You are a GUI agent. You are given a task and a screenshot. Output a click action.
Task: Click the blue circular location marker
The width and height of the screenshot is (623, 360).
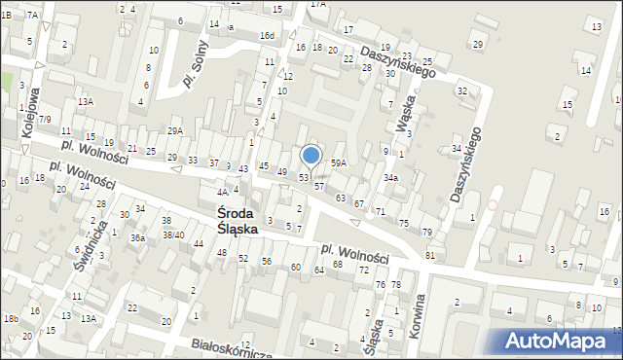(311, 155)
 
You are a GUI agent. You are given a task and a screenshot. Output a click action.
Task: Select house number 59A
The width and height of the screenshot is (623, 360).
(339, 162)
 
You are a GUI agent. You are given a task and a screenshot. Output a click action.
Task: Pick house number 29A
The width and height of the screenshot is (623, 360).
(175, 130)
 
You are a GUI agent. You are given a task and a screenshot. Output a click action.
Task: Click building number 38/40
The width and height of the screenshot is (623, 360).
(173, 234)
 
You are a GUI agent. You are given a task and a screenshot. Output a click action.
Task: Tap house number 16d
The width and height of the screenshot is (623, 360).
(267, 36)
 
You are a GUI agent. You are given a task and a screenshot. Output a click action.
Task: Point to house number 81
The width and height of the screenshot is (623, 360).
(430, 255)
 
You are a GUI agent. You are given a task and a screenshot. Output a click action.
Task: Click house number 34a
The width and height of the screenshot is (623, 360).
(390, 178)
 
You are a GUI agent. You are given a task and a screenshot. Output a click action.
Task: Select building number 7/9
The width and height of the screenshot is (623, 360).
(46, 119)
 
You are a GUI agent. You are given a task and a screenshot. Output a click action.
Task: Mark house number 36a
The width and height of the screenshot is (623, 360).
(138, 237)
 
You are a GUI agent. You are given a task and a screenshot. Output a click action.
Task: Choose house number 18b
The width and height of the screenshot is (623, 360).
(11, 318)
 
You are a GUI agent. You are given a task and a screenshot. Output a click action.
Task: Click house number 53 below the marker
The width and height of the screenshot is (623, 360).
(304, 177)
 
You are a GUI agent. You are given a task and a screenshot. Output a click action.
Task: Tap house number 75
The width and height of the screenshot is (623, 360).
(404, 223)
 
